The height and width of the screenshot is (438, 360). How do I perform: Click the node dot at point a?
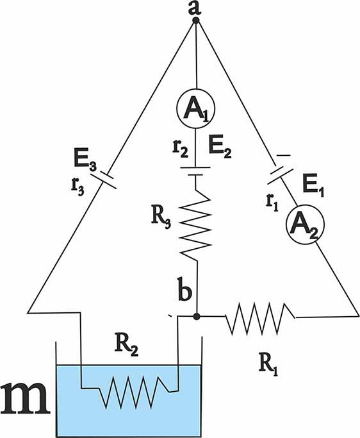(196, 21)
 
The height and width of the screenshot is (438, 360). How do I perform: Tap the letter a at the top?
(195, 8)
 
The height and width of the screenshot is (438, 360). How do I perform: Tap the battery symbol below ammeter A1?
(195, 171)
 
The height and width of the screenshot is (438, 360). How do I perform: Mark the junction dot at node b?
(197, 316)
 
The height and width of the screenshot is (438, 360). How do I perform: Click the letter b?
(184, 292)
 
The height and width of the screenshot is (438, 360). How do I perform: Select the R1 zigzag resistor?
(260, 319)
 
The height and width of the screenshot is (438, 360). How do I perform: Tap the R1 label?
(268, 366)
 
